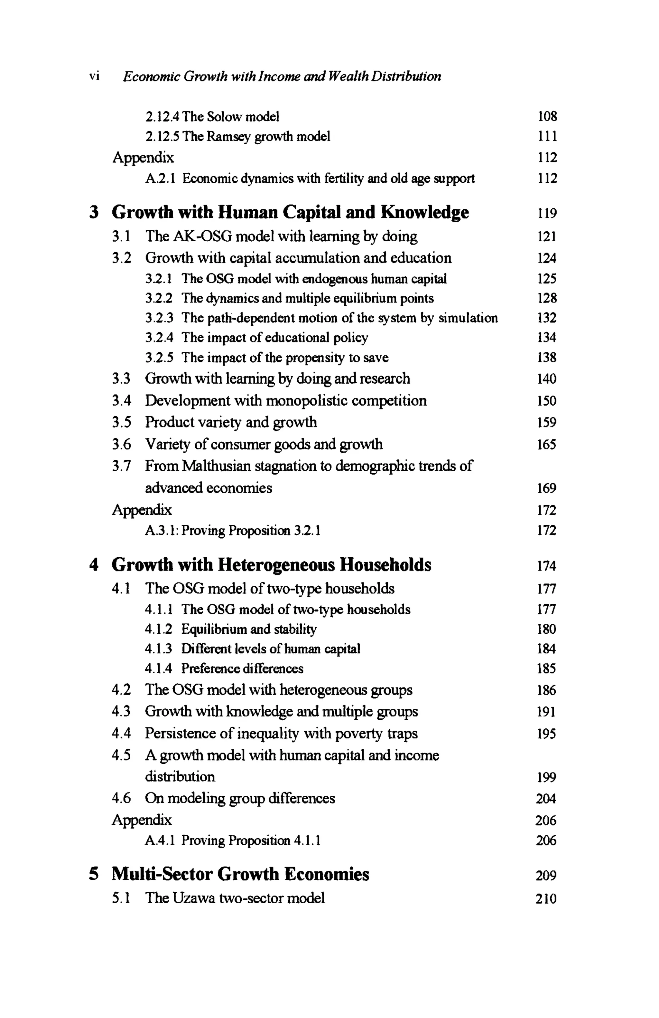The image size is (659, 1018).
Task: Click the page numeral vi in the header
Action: point(94,77)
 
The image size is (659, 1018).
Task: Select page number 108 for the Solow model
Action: point(547,116)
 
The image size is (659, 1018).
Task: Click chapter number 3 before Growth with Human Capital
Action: point(95,212)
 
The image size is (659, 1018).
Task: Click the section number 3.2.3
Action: point(159,318)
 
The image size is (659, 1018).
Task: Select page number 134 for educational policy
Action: point(547,338)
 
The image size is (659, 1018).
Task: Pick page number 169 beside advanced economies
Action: point(547,488)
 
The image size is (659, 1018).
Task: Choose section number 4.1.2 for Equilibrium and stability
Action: point(159,629)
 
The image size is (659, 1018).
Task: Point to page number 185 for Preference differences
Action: point(547,668)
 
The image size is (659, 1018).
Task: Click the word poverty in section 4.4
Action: point(358,734)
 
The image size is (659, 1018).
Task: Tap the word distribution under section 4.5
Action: point(180,776)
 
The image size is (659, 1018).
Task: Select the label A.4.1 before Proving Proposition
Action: point(159,840)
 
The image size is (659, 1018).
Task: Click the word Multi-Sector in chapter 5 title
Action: point(162,874)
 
